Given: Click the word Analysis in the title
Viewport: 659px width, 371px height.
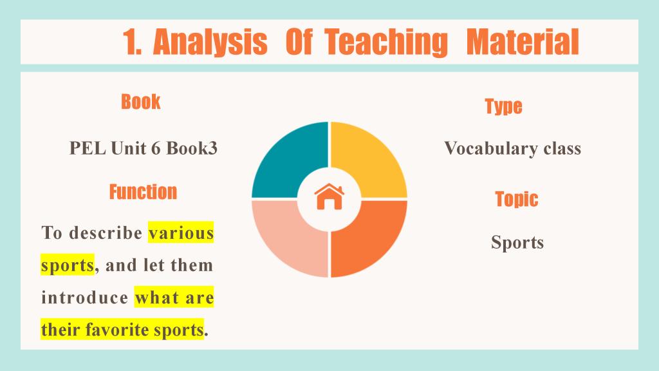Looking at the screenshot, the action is (x=210, y=42).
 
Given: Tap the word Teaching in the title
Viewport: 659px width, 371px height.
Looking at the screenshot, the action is (x=386, y=42).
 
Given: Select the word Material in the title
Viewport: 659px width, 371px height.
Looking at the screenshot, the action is (x=523, y=42).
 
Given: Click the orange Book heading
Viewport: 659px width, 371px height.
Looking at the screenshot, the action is (x=141, y=102).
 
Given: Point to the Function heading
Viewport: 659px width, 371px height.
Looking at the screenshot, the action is (x=144, y=192).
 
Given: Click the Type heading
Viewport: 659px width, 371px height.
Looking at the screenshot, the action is (x=503, y=106).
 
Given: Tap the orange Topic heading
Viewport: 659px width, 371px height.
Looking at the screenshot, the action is (x=517, y=200).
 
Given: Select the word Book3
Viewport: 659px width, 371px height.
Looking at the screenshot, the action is (x=192, y=148).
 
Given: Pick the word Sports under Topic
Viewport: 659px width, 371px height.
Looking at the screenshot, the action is (x=517, y=242).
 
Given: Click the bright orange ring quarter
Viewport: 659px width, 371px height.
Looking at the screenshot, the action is (x=376, y=245).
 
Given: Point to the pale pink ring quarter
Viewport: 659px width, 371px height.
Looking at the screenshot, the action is (x=282, y=245).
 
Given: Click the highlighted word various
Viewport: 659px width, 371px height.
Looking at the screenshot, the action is (x=181, y=233).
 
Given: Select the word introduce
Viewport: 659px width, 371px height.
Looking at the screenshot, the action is (x=85, y=298).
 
